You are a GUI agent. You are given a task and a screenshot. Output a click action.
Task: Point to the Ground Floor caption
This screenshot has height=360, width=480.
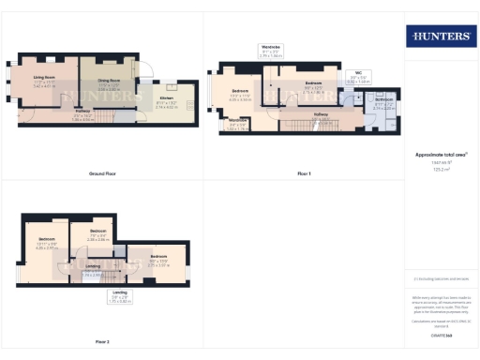pos(102,174)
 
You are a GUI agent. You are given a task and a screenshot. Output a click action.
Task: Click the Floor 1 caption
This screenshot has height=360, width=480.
pos(304,174)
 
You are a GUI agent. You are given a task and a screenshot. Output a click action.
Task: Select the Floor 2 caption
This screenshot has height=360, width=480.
pos(102,341)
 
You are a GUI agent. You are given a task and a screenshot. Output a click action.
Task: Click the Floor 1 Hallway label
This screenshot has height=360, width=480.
pos(322,115)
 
